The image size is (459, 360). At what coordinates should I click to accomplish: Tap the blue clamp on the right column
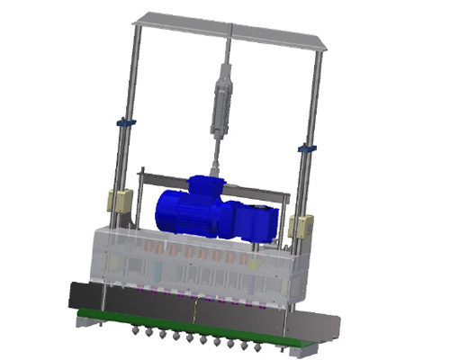[x=307, y=147]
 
